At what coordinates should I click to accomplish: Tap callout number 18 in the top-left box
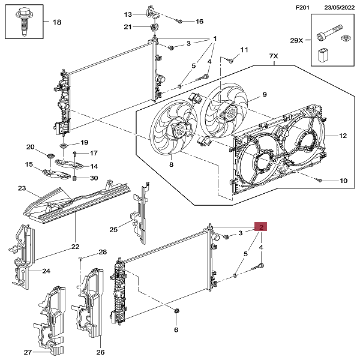(x=57, y=23)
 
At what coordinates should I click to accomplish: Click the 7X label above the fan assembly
(x=274, y=57)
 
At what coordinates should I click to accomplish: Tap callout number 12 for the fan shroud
(x=343, y=136)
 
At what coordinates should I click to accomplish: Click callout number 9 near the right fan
(x=264, y=95)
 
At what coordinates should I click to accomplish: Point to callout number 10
(x=343, y=180)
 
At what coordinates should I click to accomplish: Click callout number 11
(x=244, y=49)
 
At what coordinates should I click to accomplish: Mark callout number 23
(x=22, y=189)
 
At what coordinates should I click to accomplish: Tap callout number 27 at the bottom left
(x=28, y=352)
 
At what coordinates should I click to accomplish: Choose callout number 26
(x=100, y=352)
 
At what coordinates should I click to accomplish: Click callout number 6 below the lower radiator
(x=176, y=330)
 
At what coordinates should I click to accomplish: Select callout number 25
(x=113, y=229)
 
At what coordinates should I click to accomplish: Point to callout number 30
(x=94, y=178)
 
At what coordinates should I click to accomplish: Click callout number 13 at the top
(x=128, y=14)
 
